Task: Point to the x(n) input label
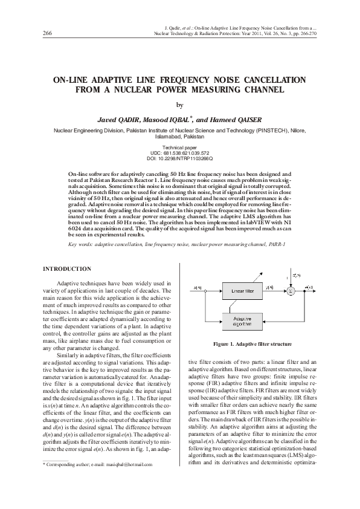tap(191, 286)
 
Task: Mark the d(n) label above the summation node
tap(297, 275)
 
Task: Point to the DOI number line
tap(180, 157)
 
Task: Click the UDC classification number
tap(180, 152)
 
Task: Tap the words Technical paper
tap(180, 148)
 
